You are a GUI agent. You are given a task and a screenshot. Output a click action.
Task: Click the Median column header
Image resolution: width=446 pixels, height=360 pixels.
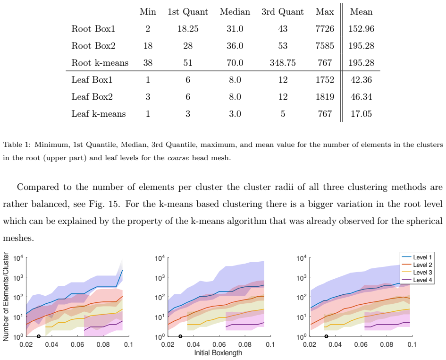tap(235, 12)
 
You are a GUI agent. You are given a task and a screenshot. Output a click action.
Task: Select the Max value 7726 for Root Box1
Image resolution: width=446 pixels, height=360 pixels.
tap(325, 29)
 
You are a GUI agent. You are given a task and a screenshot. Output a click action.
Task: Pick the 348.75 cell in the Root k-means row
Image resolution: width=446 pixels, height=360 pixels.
tap(283, 63)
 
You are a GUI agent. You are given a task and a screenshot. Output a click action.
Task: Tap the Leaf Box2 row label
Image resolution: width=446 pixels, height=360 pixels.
tap(92, 97)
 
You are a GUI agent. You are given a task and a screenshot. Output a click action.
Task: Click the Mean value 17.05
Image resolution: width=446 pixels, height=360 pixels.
tap(361, 114)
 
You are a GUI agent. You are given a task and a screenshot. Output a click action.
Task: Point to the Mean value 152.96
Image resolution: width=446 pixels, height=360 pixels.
tap(361, 29)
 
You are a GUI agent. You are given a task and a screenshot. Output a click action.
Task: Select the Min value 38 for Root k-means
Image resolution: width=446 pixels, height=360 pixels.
tap(148, 63)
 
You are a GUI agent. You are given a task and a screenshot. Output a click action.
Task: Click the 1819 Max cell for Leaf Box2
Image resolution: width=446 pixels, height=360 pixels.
tap(325, 97)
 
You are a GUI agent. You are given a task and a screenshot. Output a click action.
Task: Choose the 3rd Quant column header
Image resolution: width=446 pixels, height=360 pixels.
tap(283, 12)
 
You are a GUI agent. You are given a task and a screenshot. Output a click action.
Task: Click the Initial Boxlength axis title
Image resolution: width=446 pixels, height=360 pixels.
tap(218, 353)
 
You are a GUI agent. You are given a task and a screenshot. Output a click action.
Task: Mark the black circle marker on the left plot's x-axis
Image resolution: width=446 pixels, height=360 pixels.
tap(39, 336)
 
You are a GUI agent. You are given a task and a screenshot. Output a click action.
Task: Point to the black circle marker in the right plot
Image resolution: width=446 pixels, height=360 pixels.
tap(326, 336)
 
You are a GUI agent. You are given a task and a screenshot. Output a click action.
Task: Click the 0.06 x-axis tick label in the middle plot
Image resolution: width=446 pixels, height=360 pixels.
tap(219, 344)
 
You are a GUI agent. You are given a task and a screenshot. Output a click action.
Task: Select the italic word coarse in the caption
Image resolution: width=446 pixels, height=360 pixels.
tap(178, 158)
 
